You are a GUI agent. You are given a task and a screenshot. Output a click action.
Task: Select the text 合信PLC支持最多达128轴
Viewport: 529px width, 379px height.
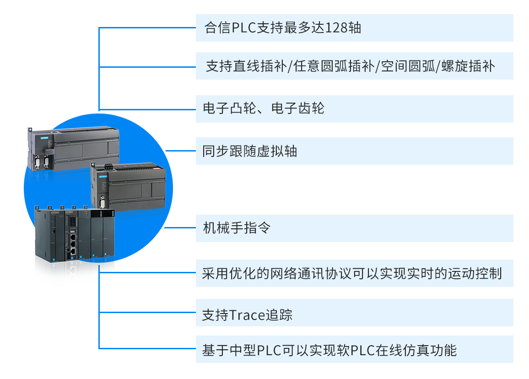click(283, 28)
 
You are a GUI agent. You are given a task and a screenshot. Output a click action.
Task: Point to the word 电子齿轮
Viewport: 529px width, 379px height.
click(298, 108)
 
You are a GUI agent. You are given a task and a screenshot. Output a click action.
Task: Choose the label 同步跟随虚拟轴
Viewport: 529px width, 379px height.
click(250, 151)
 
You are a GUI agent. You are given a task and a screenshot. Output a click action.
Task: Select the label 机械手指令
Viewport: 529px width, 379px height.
click(237, 227)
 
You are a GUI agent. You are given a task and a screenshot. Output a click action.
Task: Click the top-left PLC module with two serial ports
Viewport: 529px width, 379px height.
click(73, 146)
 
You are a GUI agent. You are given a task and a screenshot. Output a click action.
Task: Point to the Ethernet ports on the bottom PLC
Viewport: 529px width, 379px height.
click(72, 245)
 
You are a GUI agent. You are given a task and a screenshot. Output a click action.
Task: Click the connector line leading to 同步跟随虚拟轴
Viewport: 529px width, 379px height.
click(181, 151)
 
